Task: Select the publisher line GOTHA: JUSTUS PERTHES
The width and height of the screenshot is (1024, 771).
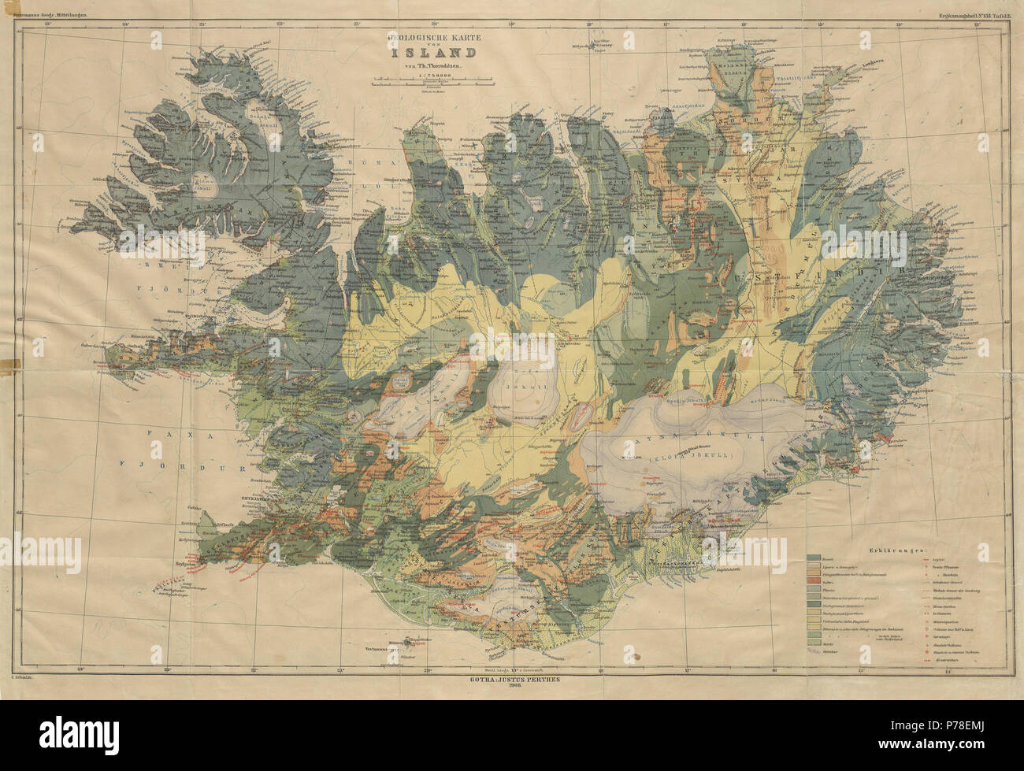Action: [x=511, y=678]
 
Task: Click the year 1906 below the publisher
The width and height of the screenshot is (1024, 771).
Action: [x=511, y=686]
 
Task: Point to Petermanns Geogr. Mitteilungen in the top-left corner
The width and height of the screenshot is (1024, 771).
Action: [x=47, y=16]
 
